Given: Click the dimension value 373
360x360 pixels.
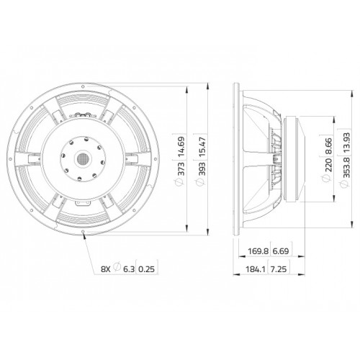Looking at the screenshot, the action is tap(181, 168).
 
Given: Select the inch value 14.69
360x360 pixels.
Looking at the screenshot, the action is tap(181, 147).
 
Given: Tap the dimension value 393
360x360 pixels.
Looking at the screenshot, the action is tap(202, 168).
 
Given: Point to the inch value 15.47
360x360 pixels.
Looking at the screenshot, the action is tap(202, 147).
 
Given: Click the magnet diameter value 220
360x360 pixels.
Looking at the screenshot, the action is tap(328, 165).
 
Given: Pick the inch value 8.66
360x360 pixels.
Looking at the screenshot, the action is tap(328, 145).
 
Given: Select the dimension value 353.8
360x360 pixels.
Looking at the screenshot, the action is tap(347, 167).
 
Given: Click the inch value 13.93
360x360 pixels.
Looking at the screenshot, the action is tap(347, 143).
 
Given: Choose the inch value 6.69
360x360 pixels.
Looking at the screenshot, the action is tap(281, 251).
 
